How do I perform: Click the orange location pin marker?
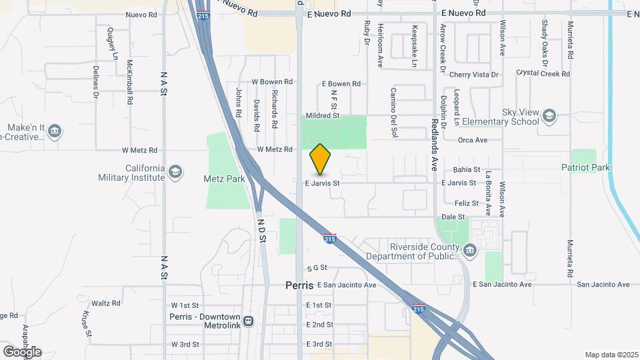coord(321,159)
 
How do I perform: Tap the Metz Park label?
coord(220,179)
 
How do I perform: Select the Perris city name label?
coord(299,285)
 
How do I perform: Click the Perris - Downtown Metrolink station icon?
coord(248,321)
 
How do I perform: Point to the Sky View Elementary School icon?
coord(549,116)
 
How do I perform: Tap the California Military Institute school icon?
coord(175,172)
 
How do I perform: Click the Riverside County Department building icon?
coord(471,251)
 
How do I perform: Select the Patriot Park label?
coord(585,168)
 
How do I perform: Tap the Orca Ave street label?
coord(473,140)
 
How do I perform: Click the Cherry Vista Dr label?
coord(474,75)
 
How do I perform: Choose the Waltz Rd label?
coord(106,303)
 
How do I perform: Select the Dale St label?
coord(453,217)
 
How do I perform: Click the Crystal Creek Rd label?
coord(545,74)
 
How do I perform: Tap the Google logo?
coord(22,352)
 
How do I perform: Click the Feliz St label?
coord(466,203)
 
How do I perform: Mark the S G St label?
coord(317,267)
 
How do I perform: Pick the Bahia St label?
coord(466,169)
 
